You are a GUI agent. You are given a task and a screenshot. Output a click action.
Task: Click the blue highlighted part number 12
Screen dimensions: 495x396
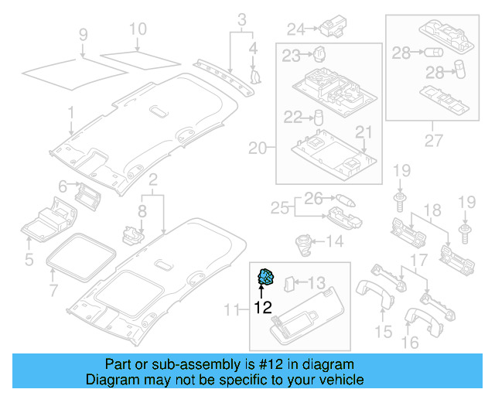point(266,277)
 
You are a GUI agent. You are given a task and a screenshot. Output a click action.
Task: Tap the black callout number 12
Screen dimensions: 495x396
point(263,307)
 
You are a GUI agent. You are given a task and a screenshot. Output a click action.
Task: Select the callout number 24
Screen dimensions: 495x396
point(296,29)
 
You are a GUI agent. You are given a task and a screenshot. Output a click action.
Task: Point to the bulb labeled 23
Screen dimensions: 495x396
point(319,54)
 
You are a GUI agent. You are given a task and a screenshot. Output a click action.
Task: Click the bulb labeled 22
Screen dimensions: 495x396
point(318,118)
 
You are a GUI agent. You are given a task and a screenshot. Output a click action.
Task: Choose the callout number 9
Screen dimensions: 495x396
point(83,35)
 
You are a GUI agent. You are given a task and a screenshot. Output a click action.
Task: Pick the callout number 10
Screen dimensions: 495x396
point(138,29)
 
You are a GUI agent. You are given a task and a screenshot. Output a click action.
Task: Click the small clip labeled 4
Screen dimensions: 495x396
point(255,77)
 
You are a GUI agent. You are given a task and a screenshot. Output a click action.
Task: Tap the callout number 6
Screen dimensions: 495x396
point(63,186)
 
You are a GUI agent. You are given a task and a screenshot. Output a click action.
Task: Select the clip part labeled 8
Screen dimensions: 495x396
point(132,236)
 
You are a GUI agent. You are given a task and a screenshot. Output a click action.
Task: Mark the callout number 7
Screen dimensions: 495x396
point(53,290)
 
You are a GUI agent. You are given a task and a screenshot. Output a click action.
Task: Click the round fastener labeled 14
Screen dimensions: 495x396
point(304,244)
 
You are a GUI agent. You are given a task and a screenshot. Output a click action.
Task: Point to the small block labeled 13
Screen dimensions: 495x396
point(289,284)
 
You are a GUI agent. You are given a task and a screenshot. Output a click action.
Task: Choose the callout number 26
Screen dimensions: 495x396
point(313,199)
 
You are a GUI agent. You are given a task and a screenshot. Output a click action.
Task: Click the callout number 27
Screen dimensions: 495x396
point(433,141)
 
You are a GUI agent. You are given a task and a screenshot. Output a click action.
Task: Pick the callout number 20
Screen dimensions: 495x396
point(258,148)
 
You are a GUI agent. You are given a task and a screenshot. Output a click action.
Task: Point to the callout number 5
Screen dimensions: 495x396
point(29,260)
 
